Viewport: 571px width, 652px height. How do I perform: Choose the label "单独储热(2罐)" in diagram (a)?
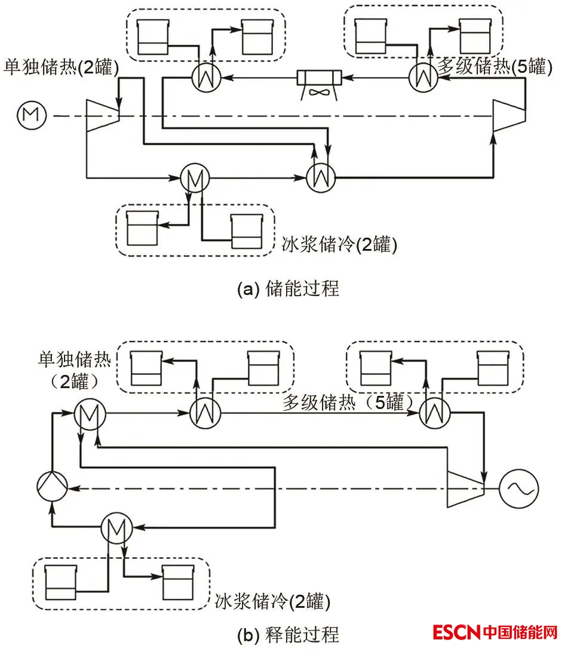coord(62,67)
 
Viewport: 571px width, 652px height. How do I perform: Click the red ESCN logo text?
coord(456,632)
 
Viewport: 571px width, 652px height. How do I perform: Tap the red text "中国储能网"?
coord(521,632)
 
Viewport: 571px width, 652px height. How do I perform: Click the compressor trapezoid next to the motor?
coord(102,115)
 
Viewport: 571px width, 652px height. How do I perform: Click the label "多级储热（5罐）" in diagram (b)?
coord(348,404)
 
